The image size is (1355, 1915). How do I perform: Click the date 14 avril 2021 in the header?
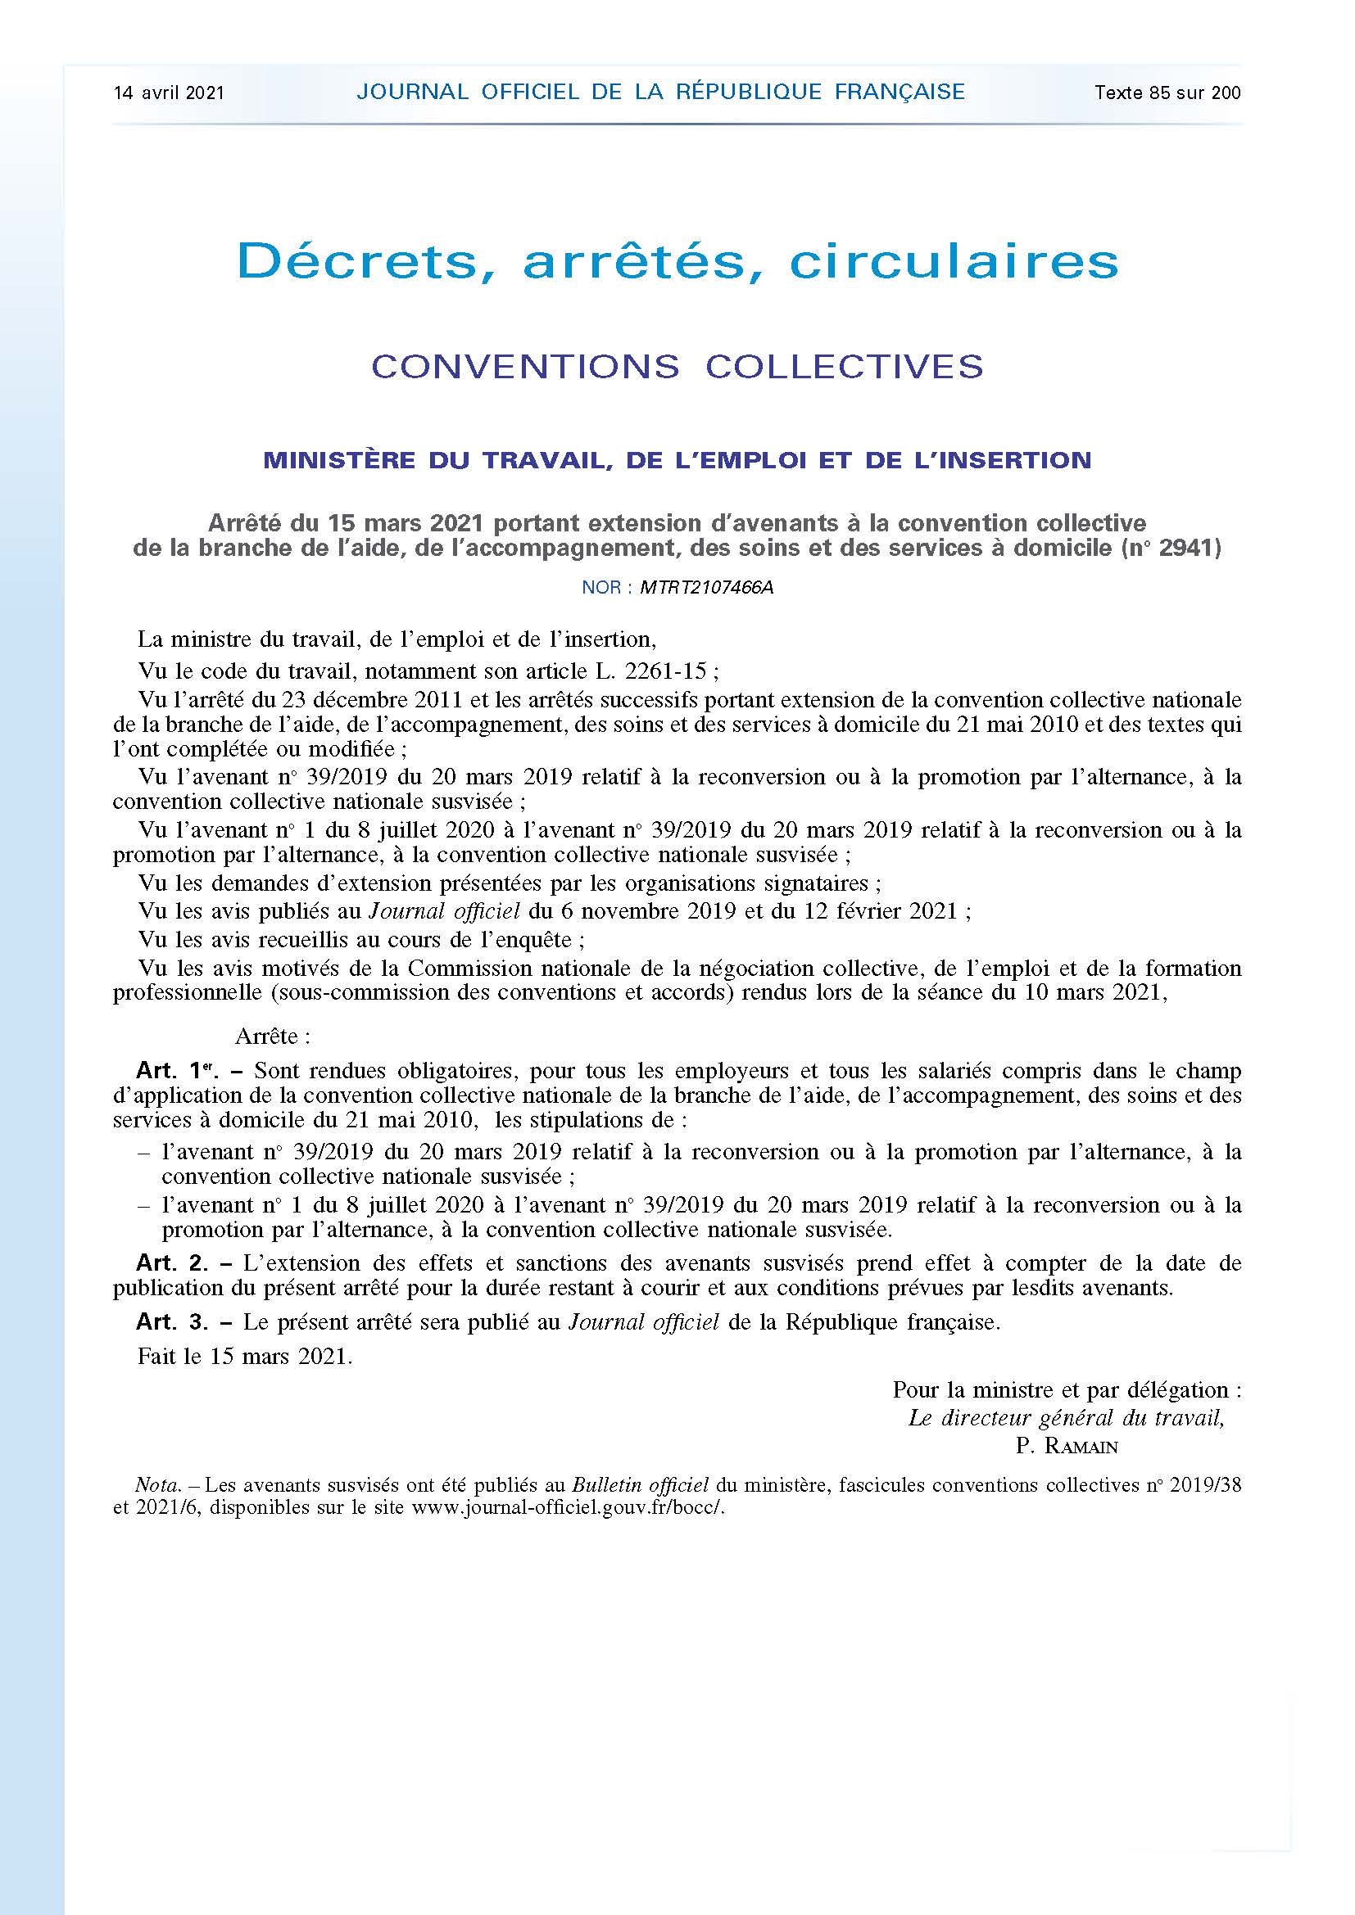pyautogui.click(x=169, y=93)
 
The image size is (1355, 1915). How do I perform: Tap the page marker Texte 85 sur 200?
pyautogui.click(x=1167, y=93)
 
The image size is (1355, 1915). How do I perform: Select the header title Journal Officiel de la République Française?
pyautogui.click(x=660, y=92)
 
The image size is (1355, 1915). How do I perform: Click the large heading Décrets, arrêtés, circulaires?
pyautogui.click(x=677, y=262)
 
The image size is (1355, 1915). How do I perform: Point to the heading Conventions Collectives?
pyautogui.click(x=677, y=367)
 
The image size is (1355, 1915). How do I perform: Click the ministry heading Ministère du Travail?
pyautogui.click(x=677, y=459)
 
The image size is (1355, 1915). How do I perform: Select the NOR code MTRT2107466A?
pyautogui.click(x=707, y=587)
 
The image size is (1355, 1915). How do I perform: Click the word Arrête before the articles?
pyautogui.click(x=272, y=1036)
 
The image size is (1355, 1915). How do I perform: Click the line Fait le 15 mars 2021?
pyautogui.click(x=245, y=1356)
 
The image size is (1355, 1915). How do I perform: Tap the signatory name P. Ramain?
pyautogui.click(x=1067, y=1446)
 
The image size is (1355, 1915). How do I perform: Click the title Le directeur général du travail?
pyautogui.click(x=1066, y=1418)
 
